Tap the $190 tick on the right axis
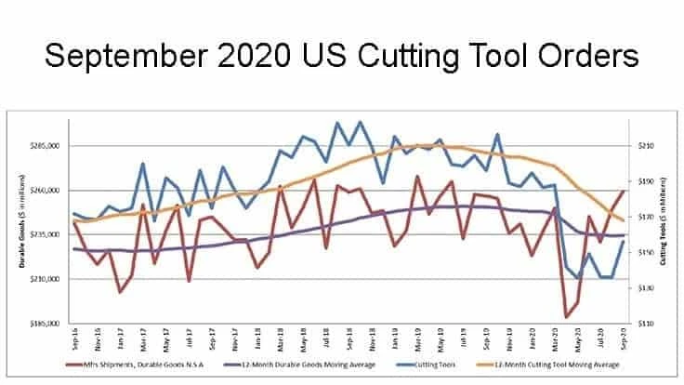click(646, 181)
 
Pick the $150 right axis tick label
click(646, 253)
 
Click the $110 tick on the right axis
click(646, 324)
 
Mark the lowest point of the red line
click(567, 317)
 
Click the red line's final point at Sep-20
click(623, 190)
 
